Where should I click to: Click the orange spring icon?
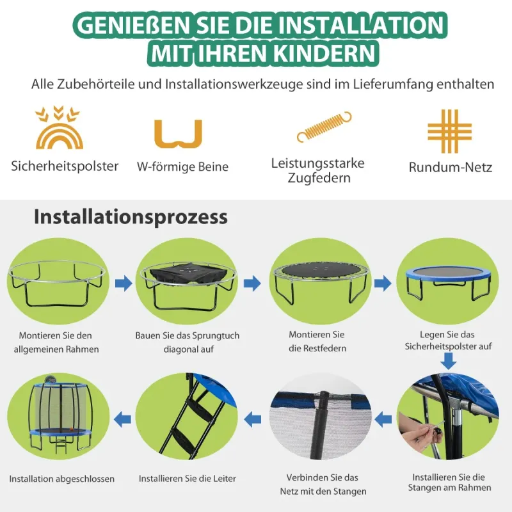pyautogui.click(x=324, y=127)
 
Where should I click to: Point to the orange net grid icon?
pyautogui.click(x=450, y=131)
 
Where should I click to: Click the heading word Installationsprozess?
pyautogui.click(x=131, y=217)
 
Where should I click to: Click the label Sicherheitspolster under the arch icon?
pyautogui.click(x=65, y=166)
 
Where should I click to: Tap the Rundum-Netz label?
pyautogui.click(x=451, y=167)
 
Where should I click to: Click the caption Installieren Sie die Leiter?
pyautogui.click(x=187, y=479)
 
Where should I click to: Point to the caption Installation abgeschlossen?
pyautogui.click(x=61, y=479)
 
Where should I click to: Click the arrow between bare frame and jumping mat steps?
pyautogui.click(x=124, y=283)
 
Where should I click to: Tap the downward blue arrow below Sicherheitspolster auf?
pyautogui.click(x=449, y=361)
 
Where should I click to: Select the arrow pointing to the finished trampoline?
pyautogui.click(x=122, y=419)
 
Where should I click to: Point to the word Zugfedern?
pyautogui.click(x=319, y=179)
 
